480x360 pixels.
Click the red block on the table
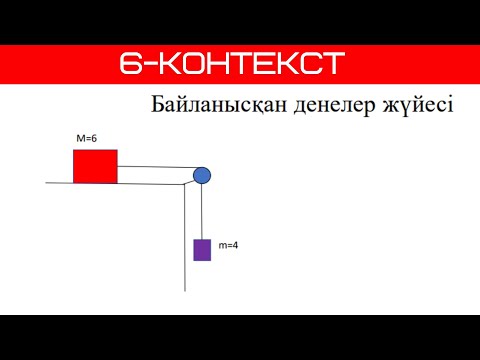(x=95, y=166)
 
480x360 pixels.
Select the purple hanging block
(x=202, y=249)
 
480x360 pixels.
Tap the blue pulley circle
(x=202, y=176)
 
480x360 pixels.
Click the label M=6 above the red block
(x=86, y=138)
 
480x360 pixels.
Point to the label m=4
(x=227, y=244)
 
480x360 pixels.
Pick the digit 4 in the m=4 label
(x=234, y=244)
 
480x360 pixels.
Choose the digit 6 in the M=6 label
(x=93, y=138)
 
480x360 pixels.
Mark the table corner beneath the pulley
(x=186, y=184)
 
